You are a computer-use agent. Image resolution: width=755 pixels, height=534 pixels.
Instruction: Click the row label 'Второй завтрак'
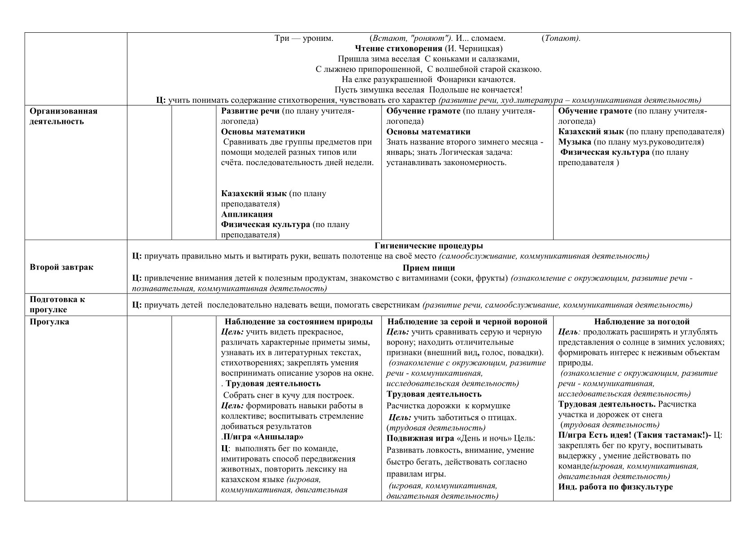[61, 267]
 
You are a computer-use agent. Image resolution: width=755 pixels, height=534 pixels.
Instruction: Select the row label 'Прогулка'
[49, 322]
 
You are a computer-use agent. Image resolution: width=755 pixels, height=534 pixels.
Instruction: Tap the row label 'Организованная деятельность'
[63, 116]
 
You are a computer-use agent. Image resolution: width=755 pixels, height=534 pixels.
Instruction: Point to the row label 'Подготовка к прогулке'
[57, 304]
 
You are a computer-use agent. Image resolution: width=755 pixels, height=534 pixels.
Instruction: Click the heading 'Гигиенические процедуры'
[428, 246]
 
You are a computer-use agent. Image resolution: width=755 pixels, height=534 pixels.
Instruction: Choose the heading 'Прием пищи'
[428, 268]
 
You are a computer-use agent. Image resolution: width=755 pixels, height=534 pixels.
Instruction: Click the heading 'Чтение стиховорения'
[398, 48]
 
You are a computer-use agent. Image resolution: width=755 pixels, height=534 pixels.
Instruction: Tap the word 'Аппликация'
[247, 214]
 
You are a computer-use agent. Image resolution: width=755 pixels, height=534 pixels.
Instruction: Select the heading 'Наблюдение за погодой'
[642, 322]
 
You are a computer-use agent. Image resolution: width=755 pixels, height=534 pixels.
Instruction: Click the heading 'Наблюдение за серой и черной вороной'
[467, 322]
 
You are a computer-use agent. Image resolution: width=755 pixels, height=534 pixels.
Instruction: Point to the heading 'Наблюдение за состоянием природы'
[298, 322]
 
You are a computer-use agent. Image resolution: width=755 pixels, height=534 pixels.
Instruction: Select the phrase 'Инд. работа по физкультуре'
[615, 486]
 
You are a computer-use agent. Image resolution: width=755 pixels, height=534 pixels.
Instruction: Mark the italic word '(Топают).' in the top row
[561, 38]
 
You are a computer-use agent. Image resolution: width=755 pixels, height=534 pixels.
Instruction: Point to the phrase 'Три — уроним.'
[304, 38]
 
